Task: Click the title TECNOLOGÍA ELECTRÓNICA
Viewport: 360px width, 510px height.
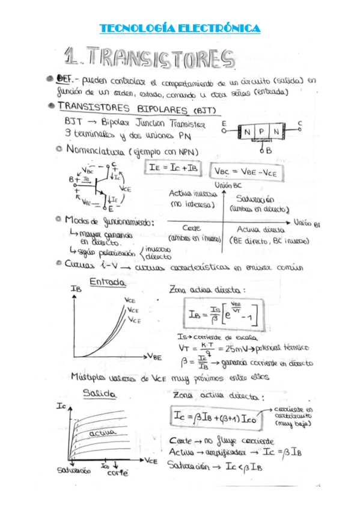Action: (180, 28)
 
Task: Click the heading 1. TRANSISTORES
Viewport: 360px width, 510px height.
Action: (150, 59)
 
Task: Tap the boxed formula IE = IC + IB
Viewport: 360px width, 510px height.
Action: (174, 168)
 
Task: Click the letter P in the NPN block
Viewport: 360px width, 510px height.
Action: (260, 131)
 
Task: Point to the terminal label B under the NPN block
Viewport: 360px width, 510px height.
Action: (268, 150)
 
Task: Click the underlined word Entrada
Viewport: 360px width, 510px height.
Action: (107, 281)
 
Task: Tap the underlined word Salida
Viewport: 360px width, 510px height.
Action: (100, 394)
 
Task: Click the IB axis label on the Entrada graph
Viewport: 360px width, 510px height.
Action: (76, 289)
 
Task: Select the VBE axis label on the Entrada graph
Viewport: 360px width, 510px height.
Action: (154, 357)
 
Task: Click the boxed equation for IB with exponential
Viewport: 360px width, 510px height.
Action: (221, 314)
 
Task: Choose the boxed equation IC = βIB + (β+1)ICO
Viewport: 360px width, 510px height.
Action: (213, 417)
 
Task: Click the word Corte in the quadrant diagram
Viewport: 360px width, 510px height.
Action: (191, 229)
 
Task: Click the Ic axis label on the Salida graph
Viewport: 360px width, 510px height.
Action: (61, 407)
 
